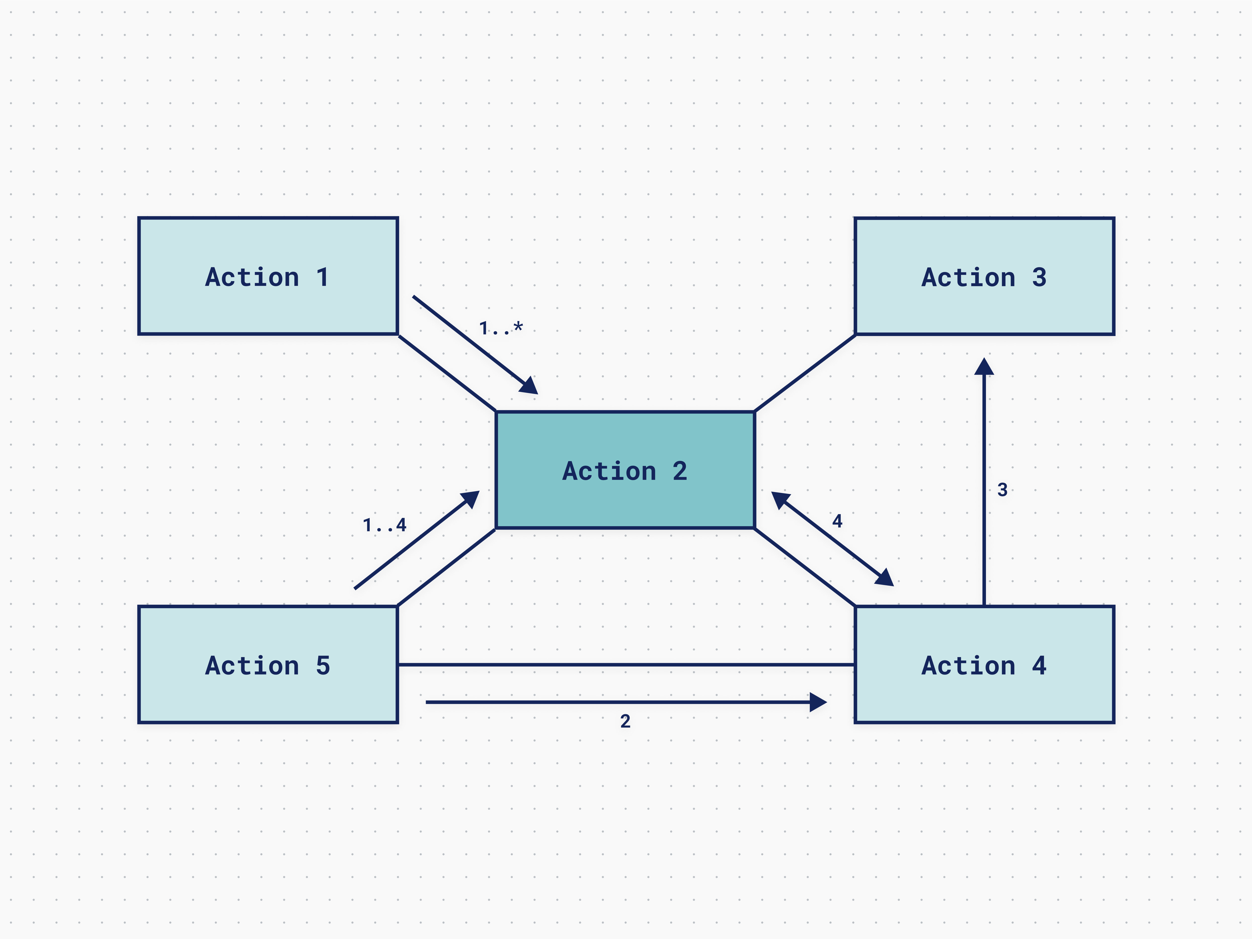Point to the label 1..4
(x=384, y=525)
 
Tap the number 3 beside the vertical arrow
(x=1002, y=489)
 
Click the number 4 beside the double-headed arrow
(x=837, y=521)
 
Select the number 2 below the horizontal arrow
(x=625, y=721)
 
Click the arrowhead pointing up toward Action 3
(x=984, y=367)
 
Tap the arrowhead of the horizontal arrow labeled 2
(x=819, y=702)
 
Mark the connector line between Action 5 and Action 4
(x=625, y=665)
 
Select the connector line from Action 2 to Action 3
(x=805, y=373)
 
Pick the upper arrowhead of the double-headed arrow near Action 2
(x=779, y=499)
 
